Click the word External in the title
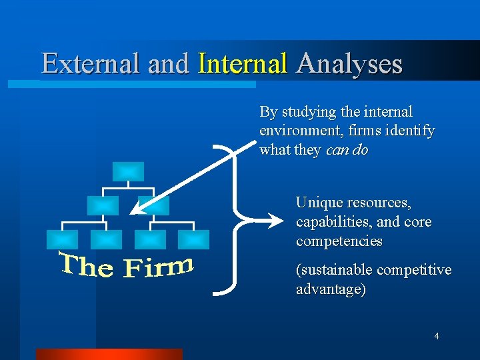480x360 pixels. pos(91,64)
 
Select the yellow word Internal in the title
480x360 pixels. pos(243,64)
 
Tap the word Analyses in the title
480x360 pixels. pos(349,64)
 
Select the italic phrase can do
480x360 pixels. pos(347,150)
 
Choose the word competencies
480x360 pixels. pos(339,241)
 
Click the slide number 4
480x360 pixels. pos(436,336)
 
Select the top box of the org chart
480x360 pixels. pos(127,171)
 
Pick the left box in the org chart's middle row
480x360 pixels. pos(103,205)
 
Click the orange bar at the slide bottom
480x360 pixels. pos(109,354)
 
